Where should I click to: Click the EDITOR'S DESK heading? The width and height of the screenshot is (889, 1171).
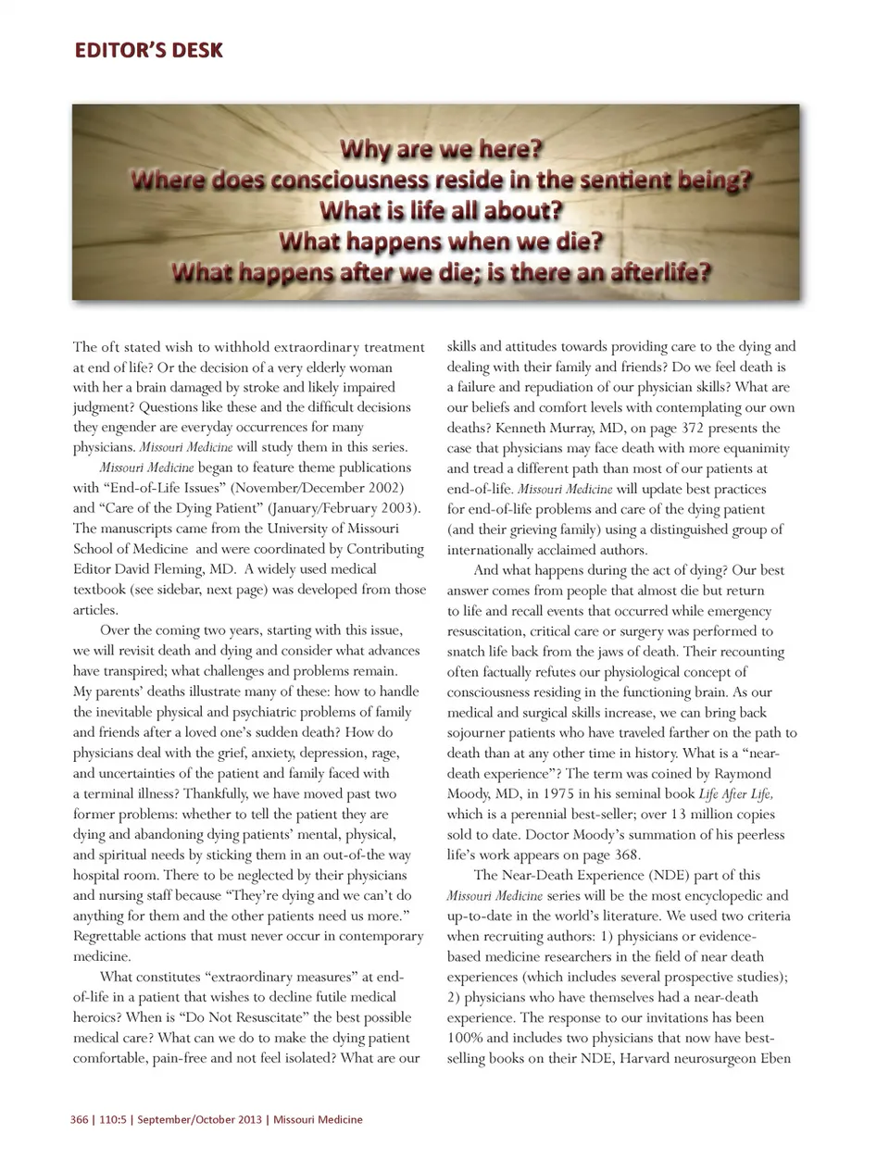[x=148, y=50]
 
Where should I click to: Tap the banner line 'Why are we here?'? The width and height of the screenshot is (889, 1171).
[x=441, y=149]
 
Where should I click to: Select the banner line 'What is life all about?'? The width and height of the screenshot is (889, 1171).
[x=441, y=211]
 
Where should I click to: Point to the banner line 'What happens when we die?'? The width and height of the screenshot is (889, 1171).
[x=441, y=243]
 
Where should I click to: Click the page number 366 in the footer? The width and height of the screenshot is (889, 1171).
[x=80, y=1119]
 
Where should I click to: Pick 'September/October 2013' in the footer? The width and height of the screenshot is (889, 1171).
[x=198, y=1119]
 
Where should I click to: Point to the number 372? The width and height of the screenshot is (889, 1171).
[x=744, y=428]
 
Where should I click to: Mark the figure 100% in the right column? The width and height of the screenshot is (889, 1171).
[x=465, y=1038]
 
